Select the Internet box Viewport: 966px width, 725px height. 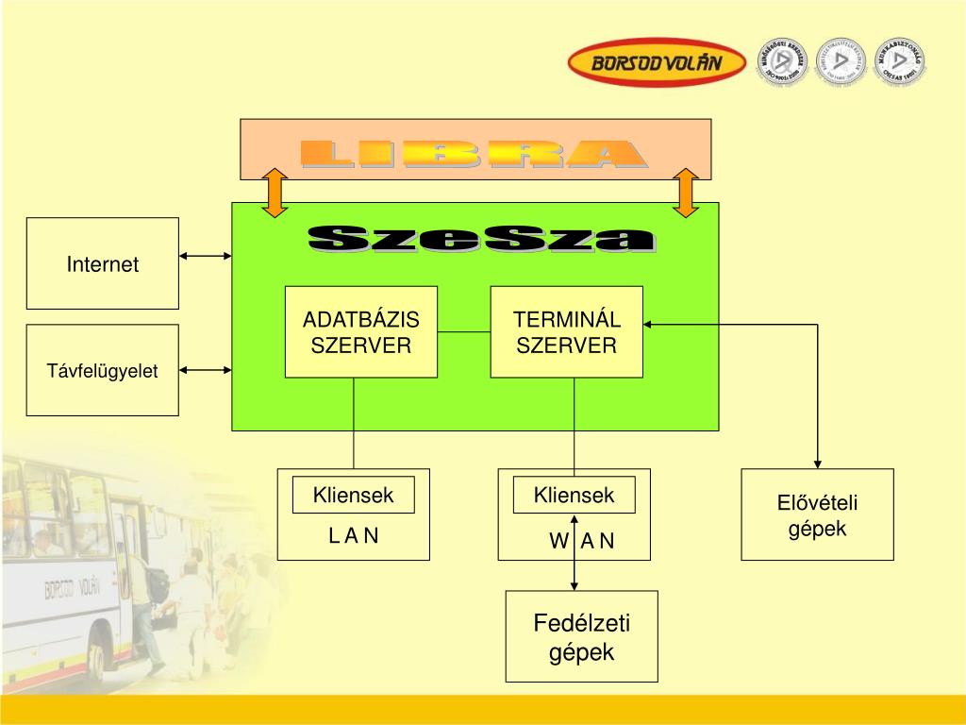(102, 263)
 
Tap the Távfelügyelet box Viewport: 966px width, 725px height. (102, 370)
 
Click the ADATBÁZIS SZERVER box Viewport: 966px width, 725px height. (361, 331)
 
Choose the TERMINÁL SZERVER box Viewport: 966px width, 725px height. (566, 331)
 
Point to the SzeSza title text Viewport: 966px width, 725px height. (481, 239)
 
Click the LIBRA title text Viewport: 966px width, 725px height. (474, 154)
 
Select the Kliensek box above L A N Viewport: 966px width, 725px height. (353, 496)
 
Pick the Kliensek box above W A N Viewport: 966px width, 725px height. (574, 495)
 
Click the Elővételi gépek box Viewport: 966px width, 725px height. (817, 514)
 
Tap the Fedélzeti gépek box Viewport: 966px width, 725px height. (581, 636)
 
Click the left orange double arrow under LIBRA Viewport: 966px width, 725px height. (275, 193)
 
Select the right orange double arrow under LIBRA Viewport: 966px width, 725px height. (686, 193)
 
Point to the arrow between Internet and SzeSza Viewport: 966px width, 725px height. (206, 256)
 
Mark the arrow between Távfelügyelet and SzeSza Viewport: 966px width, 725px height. (206, 370)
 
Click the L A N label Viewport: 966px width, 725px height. (353, 536)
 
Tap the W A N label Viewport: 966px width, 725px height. (581, 541)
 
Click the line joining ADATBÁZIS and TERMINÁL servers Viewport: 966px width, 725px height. (464, 331)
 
